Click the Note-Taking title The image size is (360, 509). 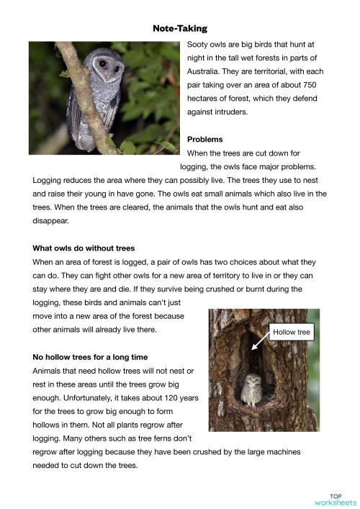(179, 29)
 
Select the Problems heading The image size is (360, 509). (204, 139)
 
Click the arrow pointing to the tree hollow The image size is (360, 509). (259, 343)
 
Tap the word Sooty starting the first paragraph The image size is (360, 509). (199, 44)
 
